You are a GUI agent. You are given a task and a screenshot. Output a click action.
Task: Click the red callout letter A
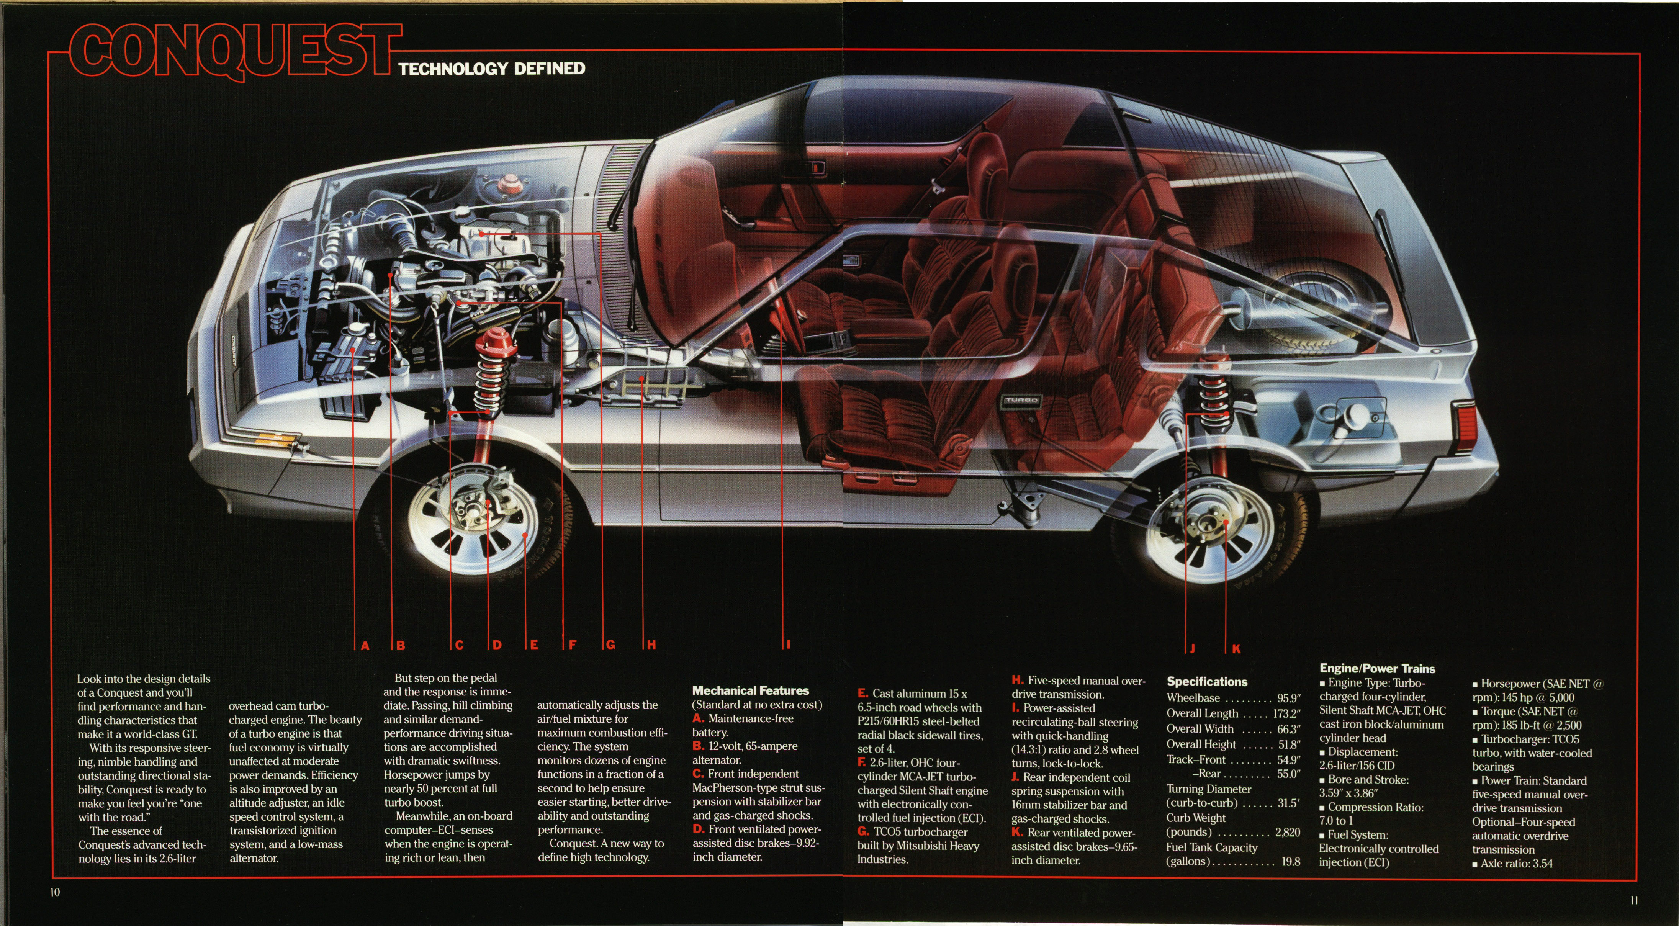(x=365, y=645)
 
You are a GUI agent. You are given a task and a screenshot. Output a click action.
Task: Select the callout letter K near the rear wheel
(x=1236, y=648)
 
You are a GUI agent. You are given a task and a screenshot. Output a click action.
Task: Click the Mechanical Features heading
(x=750, y=690)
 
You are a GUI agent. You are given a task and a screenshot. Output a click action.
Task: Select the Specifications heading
(x=1206, y=682)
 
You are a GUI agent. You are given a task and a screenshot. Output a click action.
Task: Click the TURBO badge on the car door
(x=1021, y=400)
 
